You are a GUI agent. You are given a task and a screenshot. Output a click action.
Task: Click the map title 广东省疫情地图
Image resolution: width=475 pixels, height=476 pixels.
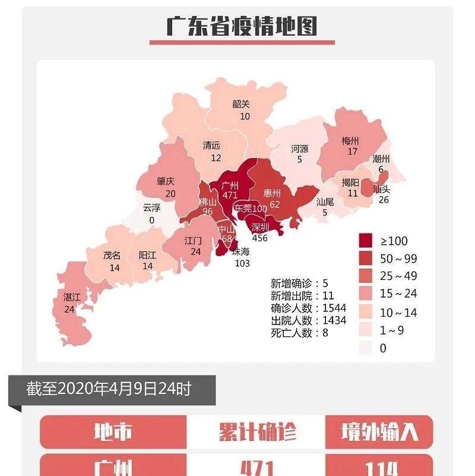tap(242, 27)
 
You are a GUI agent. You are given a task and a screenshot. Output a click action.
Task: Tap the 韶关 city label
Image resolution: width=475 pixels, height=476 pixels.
tap(241, 104)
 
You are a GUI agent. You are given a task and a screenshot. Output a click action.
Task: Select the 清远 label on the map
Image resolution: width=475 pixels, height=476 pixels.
tap(211, 146)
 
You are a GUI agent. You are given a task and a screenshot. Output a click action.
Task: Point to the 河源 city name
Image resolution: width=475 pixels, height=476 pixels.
tap(300, 148)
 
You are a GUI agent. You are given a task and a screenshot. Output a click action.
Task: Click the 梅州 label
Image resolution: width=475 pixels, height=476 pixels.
tap(350, 141)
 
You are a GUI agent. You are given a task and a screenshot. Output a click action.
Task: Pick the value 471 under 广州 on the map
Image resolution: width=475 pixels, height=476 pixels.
tap(229, 195)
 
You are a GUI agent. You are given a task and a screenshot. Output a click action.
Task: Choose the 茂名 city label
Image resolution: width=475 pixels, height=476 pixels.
tap(112, 255)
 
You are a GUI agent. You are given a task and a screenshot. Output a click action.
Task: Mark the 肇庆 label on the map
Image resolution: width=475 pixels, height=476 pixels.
tap(166, 181)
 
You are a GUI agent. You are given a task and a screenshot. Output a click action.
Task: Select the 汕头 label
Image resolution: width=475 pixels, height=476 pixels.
tap(381, 189)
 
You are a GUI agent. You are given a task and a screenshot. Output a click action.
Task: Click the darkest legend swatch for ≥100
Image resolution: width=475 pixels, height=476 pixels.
tap(366, 241)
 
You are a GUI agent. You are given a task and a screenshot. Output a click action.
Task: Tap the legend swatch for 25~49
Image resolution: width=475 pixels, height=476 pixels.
tap(366, 276)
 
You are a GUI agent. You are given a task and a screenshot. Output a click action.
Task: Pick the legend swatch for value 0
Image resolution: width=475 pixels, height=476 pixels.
tap(366, 348)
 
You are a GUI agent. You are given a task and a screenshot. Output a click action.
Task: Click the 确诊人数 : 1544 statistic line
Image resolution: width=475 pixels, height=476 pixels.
tap(308, 308)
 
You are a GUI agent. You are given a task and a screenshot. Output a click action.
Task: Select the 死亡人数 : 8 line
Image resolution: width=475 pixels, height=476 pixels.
tap(300, 333)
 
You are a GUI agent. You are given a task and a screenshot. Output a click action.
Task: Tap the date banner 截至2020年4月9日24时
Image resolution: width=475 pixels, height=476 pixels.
tap(109, 390)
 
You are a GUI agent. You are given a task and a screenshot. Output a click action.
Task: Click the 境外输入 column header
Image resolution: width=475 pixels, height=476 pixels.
tap(379, 432)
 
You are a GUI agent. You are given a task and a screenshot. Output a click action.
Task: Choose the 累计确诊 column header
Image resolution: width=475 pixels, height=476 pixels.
tap(256, 432)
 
